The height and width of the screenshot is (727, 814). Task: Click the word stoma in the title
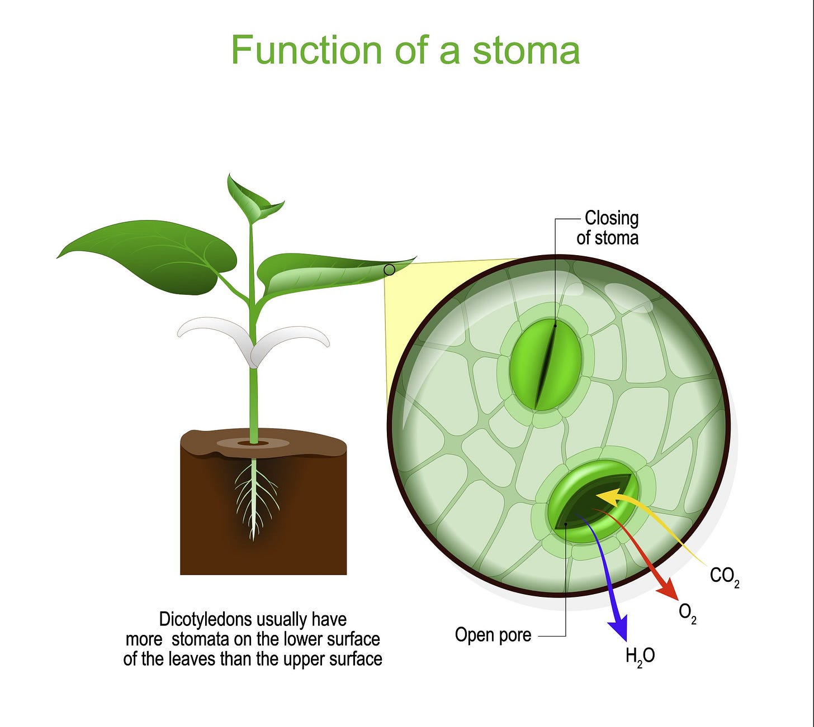click(526, 50)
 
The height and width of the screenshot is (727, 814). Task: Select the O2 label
click(687, 613)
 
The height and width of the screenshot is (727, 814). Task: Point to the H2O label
click(640, 656)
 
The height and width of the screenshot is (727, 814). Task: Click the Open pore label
click(493, 635)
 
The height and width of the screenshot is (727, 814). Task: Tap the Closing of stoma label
click(608, 228)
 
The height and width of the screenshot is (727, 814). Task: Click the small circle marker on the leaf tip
click(390, 270)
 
